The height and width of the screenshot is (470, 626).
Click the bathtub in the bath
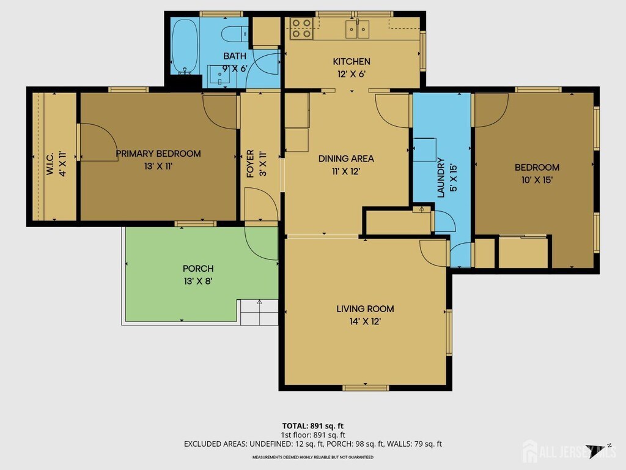tap(185, 46)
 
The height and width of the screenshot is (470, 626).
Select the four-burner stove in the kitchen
tap(301, 28)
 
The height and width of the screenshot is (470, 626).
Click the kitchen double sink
tap(357, 29)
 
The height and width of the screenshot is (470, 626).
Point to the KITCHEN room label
tap(352, 62)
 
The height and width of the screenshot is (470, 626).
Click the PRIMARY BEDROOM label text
tap(158, 154)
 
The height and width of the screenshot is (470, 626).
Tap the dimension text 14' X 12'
tap(365, 321)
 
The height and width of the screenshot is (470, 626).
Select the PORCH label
tap(198, 269)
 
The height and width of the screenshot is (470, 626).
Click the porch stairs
tap(259, 312)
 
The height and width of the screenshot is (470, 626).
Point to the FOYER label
tap(250, 163)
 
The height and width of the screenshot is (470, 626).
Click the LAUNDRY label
tap(441, 177)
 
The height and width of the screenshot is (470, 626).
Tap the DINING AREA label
tap(346, 159)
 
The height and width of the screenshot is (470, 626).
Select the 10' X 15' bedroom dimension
tap(537, 180)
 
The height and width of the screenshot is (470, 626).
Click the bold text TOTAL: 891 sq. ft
tap(312, 426)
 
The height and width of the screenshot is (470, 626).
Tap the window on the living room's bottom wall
tap(366, 387)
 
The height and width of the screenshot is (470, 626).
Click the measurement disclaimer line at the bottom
tap(312, 457)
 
